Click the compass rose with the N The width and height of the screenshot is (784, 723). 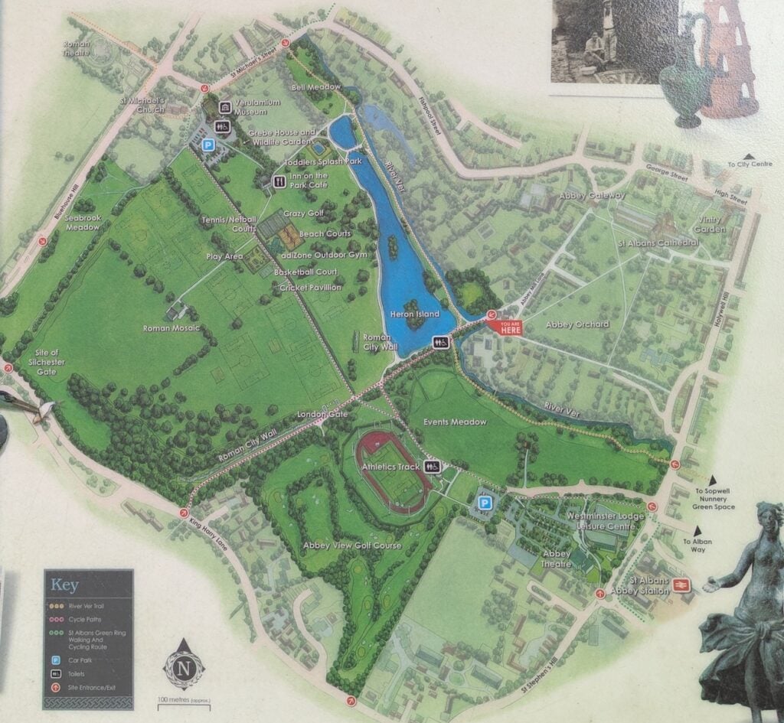(x=184, y=663)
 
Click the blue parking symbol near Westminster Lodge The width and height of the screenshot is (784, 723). (x=484, y=502)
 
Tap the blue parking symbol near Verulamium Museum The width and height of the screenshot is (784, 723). (x=207, y=144)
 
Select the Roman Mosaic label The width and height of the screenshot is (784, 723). (x=171, y=328)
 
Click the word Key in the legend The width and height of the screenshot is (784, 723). (x=64, y=585)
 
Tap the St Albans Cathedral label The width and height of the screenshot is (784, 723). (x=658, y=243)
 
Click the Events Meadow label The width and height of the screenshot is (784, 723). (x=458, y=422)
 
